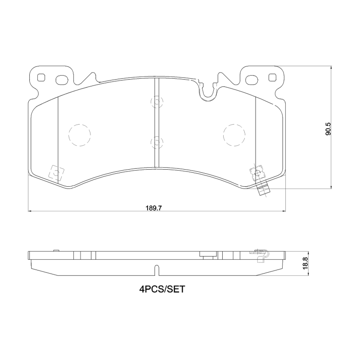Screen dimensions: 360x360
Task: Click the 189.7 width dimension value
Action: [153, 207]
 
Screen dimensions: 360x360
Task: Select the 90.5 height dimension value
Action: [328, 128]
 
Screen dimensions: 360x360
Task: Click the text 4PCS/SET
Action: [162, 290]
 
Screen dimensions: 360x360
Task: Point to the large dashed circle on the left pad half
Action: [80, 135]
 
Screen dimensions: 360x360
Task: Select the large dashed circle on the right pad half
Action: [234, 135]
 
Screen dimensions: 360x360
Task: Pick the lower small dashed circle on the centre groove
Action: [156, 142]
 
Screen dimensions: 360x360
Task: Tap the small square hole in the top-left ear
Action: [42, 77]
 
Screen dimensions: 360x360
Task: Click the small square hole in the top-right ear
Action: [272, 77]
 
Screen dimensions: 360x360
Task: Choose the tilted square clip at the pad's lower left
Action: [56, 172]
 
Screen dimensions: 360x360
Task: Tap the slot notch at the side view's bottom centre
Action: [156, 270]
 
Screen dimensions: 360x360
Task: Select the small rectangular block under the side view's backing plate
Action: [207, 256]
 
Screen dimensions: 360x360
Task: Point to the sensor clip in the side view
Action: [261, 255]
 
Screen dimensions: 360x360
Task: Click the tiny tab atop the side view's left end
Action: [56, 250]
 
